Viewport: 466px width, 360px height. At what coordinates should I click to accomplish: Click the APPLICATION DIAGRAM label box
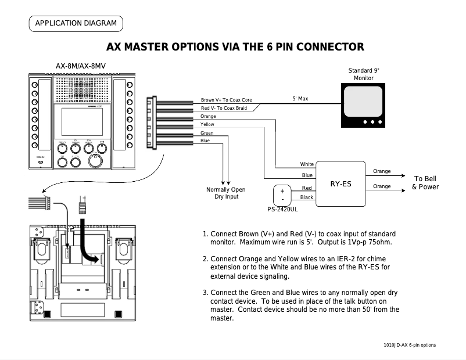76,24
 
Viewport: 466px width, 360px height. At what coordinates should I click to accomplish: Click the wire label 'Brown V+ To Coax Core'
226,100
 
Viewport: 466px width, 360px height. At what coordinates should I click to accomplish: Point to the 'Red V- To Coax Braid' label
224,108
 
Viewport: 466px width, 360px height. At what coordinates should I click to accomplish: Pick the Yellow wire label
207,124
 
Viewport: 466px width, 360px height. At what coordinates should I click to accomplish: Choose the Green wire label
206,133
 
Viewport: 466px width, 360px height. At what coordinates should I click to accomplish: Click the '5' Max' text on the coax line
300,99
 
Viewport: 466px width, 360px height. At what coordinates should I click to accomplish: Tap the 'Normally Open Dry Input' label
225,193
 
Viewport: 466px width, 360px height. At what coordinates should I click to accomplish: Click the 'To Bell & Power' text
425,183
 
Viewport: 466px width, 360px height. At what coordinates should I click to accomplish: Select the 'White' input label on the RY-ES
307,164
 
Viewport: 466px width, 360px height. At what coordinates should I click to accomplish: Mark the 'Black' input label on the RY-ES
307,197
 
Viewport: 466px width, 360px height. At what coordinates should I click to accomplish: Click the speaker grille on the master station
82,91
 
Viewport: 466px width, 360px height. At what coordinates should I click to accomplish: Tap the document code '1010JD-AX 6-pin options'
410,345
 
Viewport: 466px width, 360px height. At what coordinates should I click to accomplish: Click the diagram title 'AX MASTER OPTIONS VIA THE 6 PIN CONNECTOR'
235,47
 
